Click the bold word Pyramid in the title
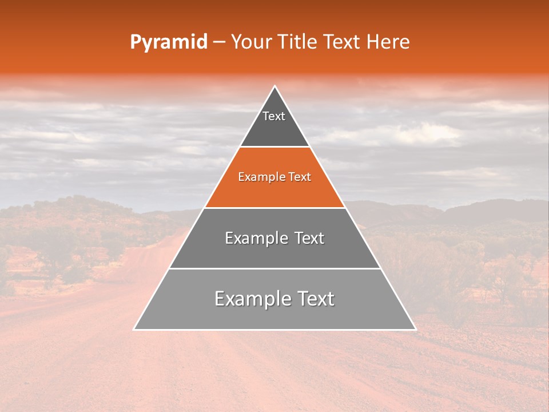point(168,42)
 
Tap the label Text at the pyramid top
point(274,116)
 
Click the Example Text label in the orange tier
point(274,177)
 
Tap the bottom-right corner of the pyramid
point(415,329)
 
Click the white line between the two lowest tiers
point(274,268)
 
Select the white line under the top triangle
point(274,147)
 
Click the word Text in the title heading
point(344,42)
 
